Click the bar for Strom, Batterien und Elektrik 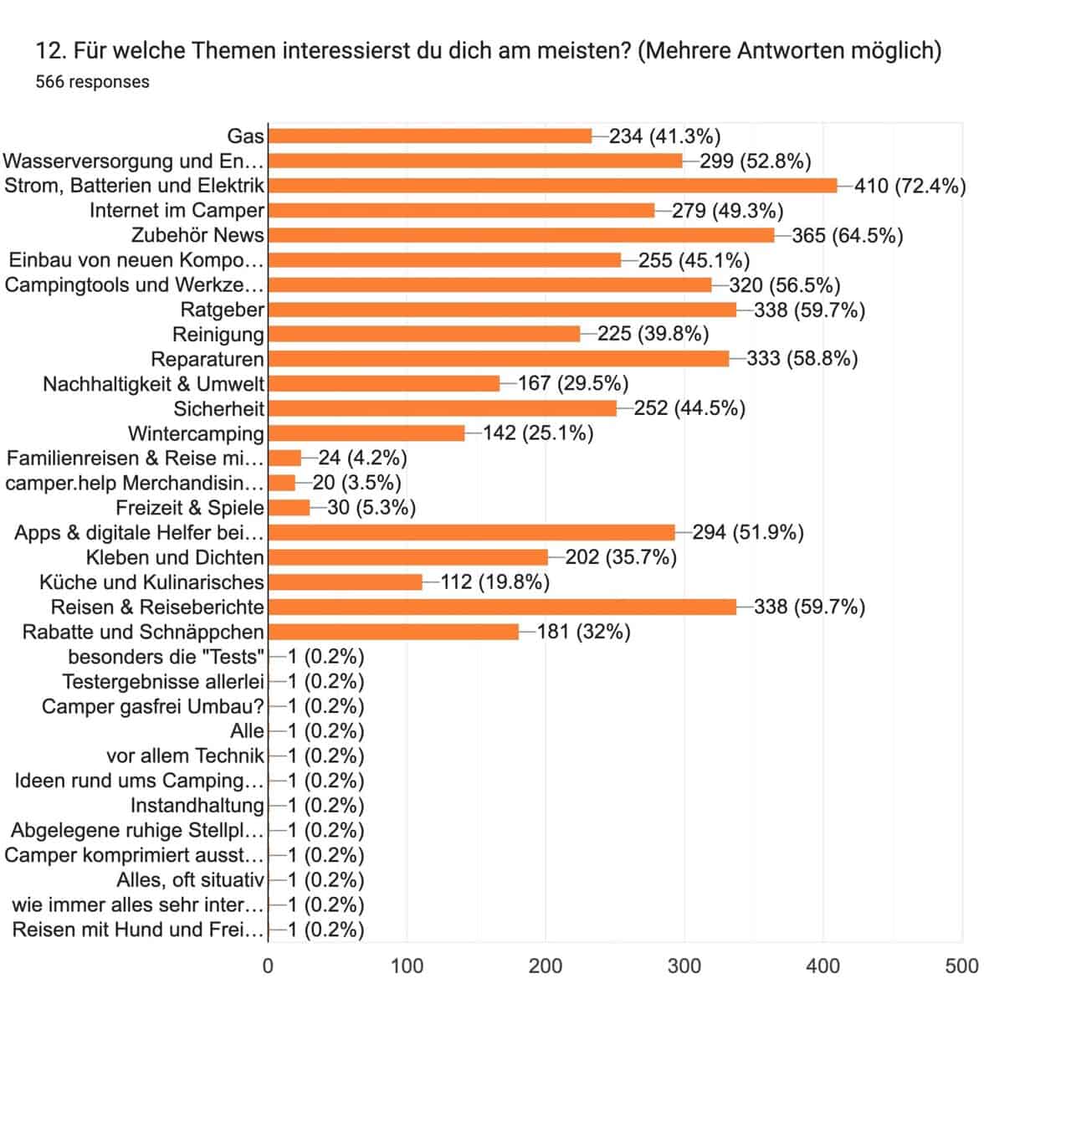click(552, 186)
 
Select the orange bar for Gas click(430, 136)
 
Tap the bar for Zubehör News click(521, 235)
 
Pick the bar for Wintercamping click(366, 433)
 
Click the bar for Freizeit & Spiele click(289, 508)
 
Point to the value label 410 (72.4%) click(910, 186)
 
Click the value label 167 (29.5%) click(573, 384)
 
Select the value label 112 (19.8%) click(495, 582)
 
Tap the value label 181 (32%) click(583, 632)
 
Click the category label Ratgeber click(223, 310)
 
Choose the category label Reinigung click(218, 335)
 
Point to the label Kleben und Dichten click(175, 557)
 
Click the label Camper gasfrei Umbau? click(153, 706)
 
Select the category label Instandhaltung click(197, 806)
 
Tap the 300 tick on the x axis click(684, 966)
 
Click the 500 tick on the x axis click(961, 966)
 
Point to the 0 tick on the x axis click(268, 966)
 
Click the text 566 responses click(93, 82)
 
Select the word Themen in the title click(232, 51)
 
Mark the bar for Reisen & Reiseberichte click(502, 607)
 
